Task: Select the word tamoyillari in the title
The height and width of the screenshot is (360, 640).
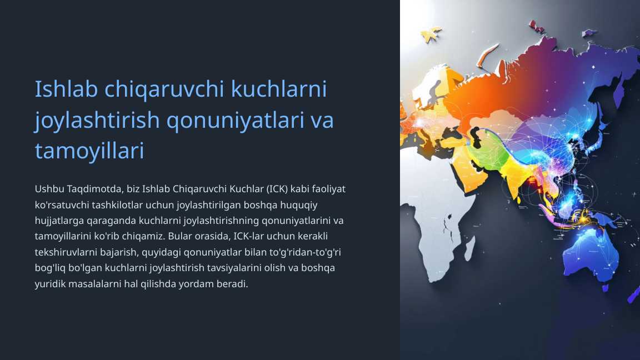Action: [x=89, y=151]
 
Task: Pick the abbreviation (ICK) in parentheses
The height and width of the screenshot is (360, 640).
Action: [x=276, y=189]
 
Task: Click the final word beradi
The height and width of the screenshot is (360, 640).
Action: [x=233, y=284]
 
